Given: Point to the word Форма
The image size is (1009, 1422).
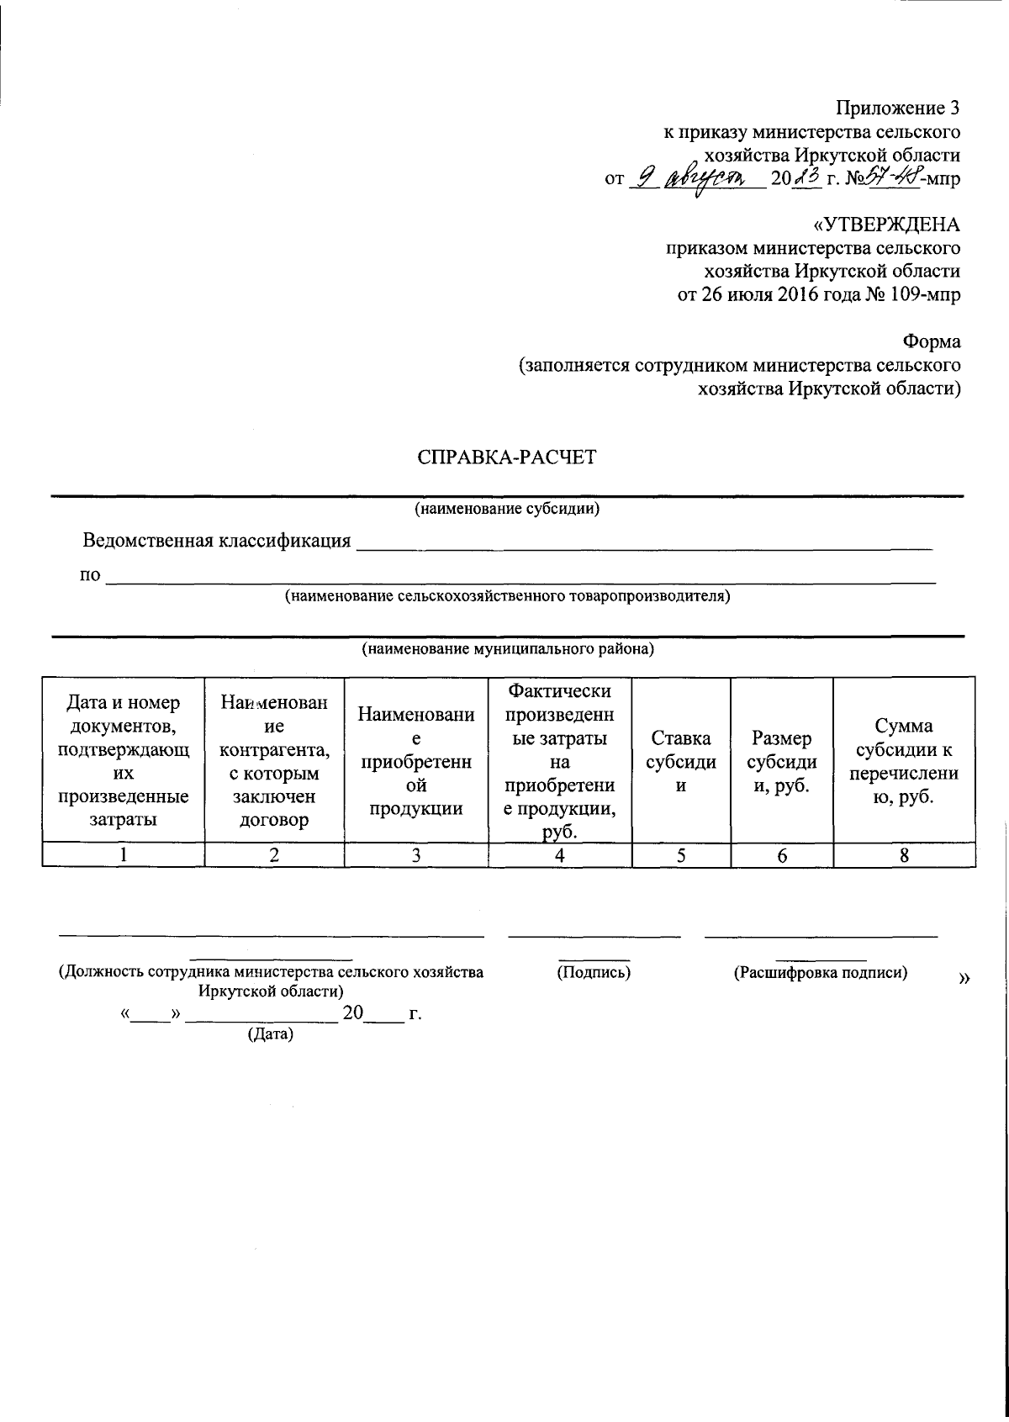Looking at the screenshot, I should [932, 342].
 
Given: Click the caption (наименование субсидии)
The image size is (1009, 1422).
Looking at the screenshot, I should [506, 509].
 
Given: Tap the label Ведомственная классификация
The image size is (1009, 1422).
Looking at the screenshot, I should [216, 541].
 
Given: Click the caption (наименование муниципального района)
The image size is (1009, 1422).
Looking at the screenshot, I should [508, 649].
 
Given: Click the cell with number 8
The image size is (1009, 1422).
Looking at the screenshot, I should [904, 855].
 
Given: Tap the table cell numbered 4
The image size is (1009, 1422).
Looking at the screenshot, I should [559, 855].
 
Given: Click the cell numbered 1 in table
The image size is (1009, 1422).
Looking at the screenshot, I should [124, 855].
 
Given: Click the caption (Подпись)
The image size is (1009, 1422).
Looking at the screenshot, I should [594, 973].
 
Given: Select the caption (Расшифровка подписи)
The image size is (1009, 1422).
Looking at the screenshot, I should [820, 973].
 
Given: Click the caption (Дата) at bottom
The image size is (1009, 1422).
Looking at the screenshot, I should [270, 1034].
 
